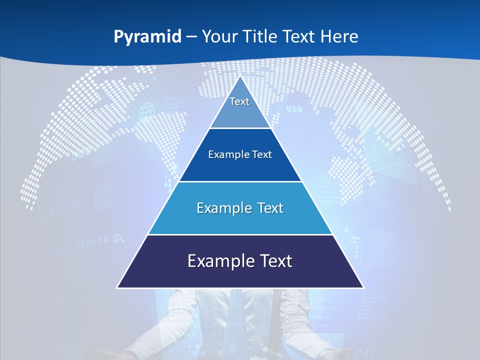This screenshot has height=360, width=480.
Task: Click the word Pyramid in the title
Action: [x=147, y=36]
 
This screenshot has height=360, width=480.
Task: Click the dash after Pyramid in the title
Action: [x=191, y=37]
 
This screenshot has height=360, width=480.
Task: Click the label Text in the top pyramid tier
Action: [x=239, y=101]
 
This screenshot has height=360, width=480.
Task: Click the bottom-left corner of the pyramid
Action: [x=117, y=287]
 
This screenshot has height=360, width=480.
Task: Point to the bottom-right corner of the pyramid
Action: [x=363, y=287]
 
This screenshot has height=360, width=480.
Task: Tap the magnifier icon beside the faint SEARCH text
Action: [x=118, y=238]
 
